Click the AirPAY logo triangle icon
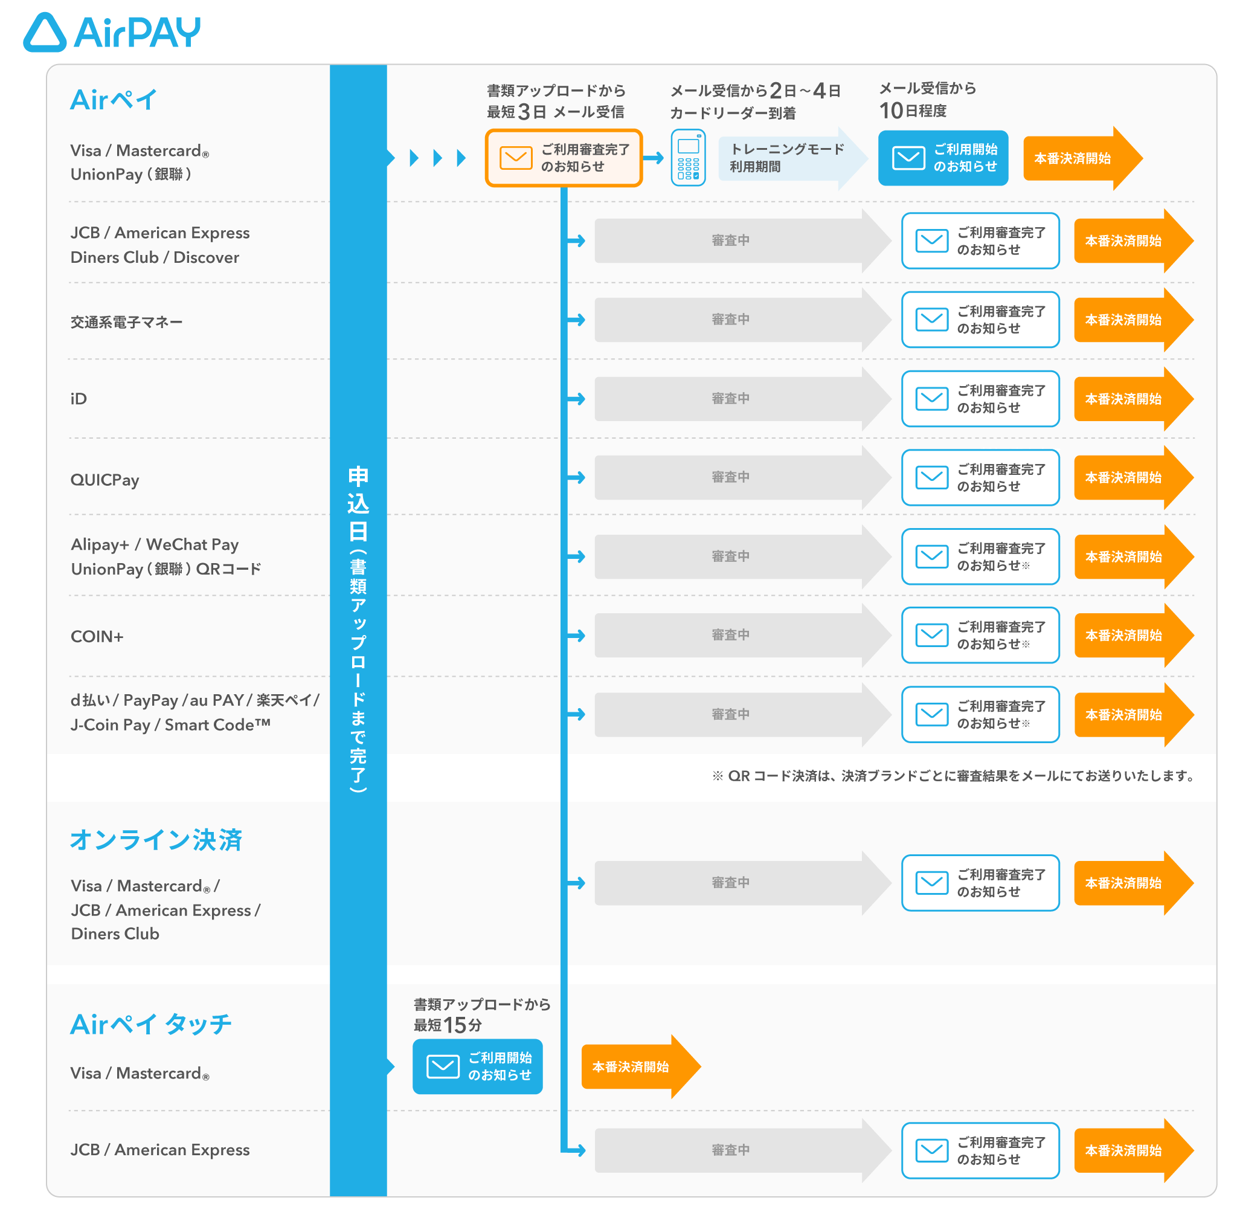point(45,33)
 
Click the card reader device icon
point(688,158)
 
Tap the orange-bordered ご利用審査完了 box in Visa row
point(563,158)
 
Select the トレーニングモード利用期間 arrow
point(789,158)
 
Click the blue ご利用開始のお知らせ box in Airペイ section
point(942,158)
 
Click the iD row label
point(79,399)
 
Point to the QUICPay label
point(104,480)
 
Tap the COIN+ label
point(97,637)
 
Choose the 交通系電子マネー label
point(126,322)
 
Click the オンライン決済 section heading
point(156,840)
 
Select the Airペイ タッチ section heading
point(151,1024)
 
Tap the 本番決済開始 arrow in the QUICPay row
point(1129,478)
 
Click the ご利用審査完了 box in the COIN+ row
point(980,635)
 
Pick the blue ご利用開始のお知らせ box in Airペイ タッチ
point(477,1066)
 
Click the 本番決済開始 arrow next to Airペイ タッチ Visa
point(636,1067)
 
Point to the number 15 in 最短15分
point(455,1025)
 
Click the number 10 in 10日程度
point(891,111)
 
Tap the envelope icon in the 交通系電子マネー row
point(931,320)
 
